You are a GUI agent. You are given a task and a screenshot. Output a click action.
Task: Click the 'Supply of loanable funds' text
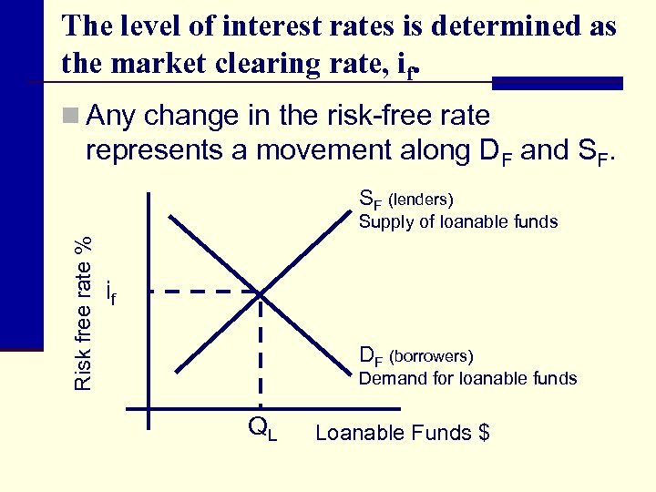457,221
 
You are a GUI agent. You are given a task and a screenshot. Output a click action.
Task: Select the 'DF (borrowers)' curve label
416,355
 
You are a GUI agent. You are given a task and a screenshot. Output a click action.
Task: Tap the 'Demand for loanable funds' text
467,378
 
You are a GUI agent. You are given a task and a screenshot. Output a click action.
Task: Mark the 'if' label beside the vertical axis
110,292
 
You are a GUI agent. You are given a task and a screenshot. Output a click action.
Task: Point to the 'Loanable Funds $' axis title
402,433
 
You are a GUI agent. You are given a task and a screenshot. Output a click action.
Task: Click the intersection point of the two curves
261,292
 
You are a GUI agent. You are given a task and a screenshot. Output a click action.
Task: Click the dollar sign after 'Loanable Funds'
484,433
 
